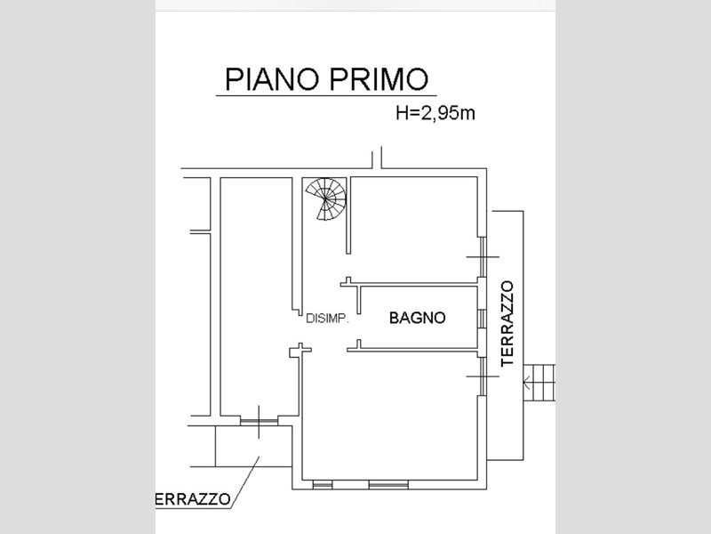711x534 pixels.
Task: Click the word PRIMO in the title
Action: coord(379,79)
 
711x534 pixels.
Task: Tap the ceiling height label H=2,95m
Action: coord(435,113)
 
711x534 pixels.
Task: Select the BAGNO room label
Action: coord(417,318)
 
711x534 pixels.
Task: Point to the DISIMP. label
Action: coord(327,319)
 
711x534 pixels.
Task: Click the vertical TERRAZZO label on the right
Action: coord(507,324)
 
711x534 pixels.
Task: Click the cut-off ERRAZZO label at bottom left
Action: coord(193,499)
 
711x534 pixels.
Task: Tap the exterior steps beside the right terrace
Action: coord(539,383)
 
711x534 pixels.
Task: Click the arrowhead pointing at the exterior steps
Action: coord(526,384)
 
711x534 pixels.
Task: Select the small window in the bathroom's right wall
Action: coord(483,319)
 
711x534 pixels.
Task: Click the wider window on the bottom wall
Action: coord(388,485)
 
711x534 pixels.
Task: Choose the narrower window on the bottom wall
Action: coord(323,485)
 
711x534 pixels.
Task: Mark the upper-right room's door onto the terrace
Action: coord(483,257)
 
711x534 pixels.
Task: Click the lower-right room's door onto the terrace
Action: coord(483,376)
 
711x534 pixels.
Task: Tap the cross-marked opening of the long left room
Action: coord(259,422)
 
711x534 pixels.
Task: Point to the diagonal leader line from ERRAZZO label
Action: coord(245,481)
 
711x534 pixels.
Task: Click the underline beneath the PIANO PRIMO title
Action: coord(326,95)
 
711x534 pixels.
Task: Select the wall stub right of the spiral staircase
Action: coord(348,215)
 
